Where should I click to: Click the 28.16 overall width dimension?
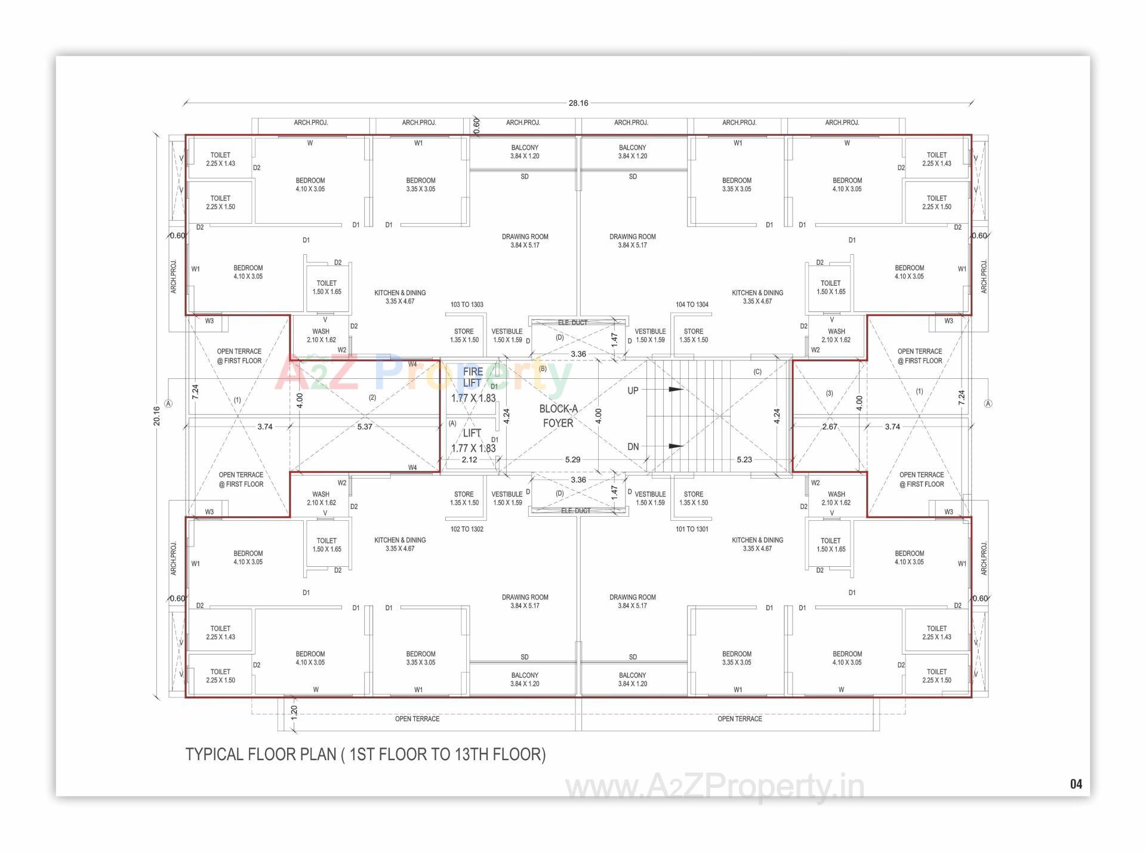[578, 103]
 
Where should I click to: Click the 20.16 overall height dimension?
[157, 416]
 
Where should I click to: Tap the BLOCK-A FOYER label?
[558, 416]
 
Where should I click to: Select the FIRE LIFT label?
[472, 377]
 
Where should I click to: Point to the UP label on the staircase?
[633, 391]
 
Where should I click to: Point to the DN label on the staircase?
[633, 447]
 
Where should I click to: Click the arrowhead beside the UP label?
[676, 390]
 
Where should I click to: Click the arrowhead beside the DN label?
[676, 446]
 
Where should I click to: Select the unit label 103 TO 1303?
[467, 305]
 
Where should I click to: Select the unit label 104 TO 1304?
[692, 305]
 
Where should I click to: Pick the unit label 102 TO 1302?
[467, 529]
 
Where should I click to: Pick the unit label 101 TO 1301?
[692, 529]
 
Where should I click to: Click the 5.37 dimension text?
[365, 427]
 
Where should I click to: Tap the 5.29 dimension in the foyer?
[572, 460]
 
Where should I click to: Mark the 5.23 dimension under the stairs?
[744, 460]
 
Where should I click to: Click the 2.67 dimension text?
[830, 427]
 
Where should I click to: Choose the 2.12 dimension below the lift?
[469, 460]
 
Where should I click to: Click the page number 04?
[1076, 785]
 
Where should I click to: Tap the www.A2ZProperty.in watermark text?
[714, 787]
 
